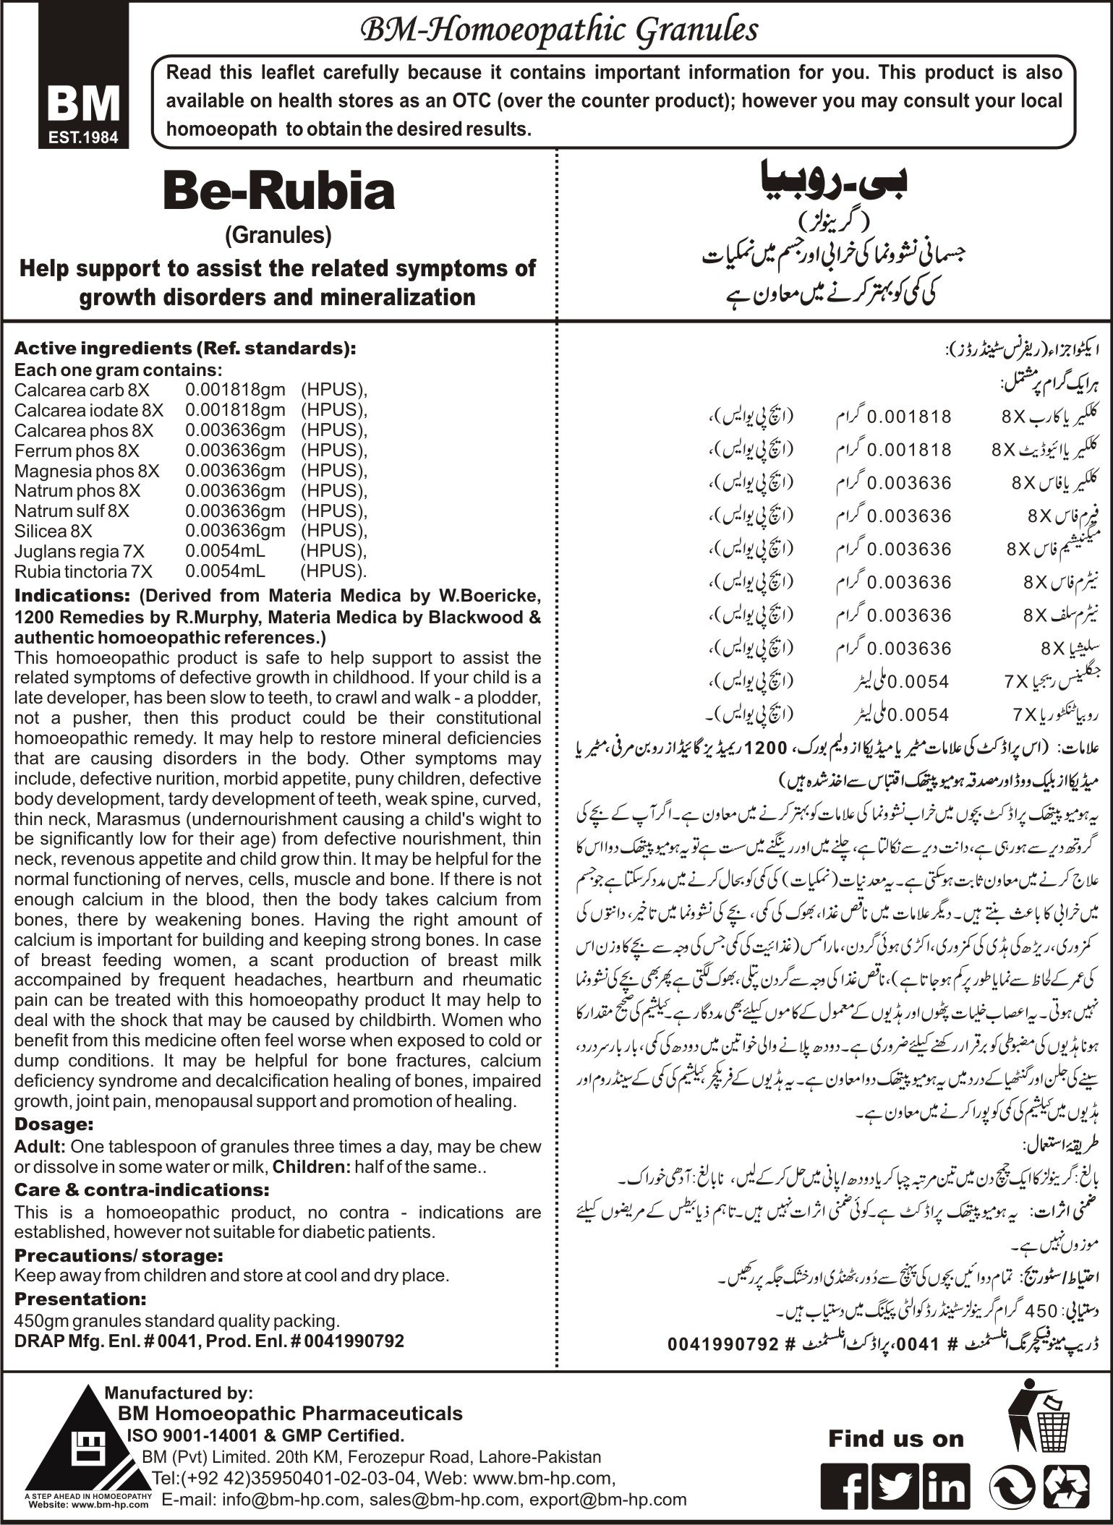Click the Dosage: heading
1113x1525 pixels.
pyautogui.click(x=54, y=1125)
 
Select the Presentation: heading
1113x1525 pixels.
pyautogui.click(x=80, y=1278)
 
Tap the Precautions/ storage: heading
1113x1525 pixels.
pyautogui.click(x=119, y=1234)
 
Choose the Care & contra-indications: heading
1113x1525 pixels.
pyautogui.click(x=142, y=1189)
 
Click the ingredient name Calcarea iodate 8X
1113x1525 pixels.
pyautogui.click(x=89, y=410)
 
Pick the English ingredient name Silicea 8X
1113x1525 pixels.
pyautogui.click(x=54, y=531)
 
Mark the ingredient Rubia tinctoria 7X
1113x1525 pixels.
pyautogui.click(x=84, y=571)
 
